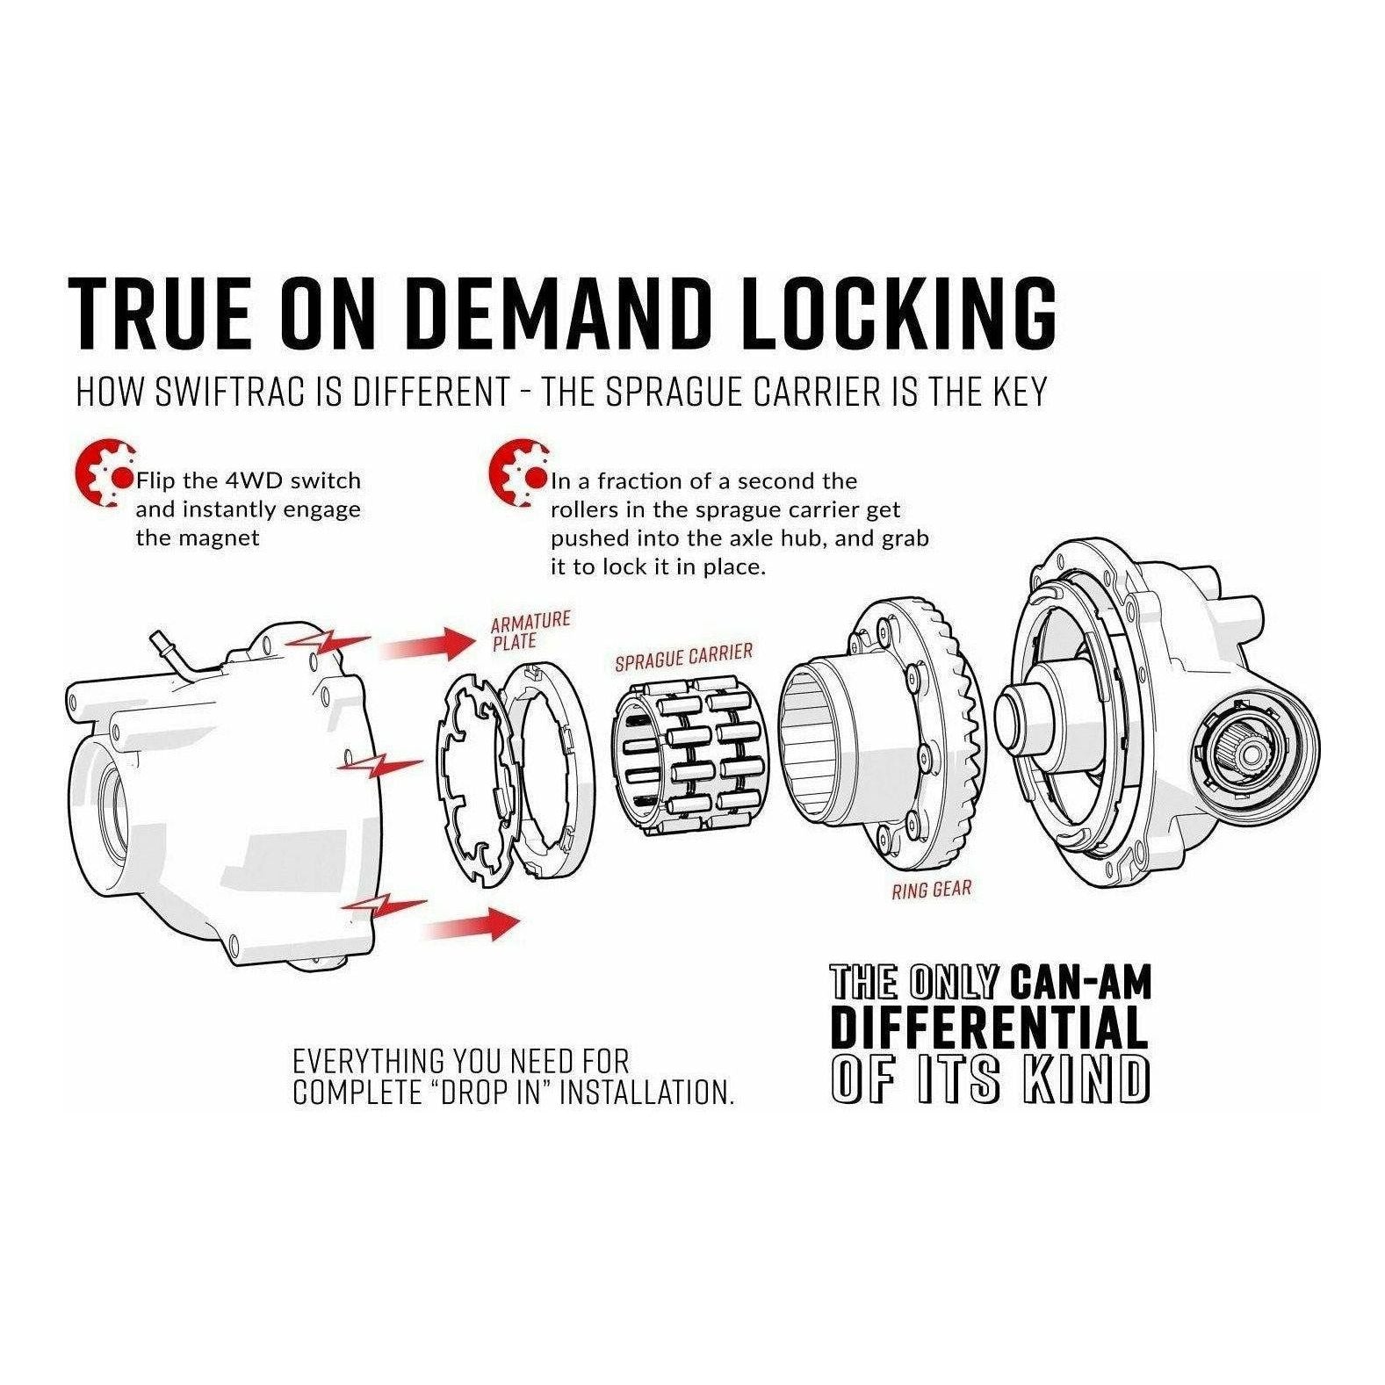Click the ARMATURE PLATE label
coord(529,631)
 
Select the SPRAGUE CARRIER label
coord(683,657)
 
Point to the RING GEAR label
coord(931,890)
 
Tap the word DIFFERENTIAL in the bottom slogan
coord(988,1028)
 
